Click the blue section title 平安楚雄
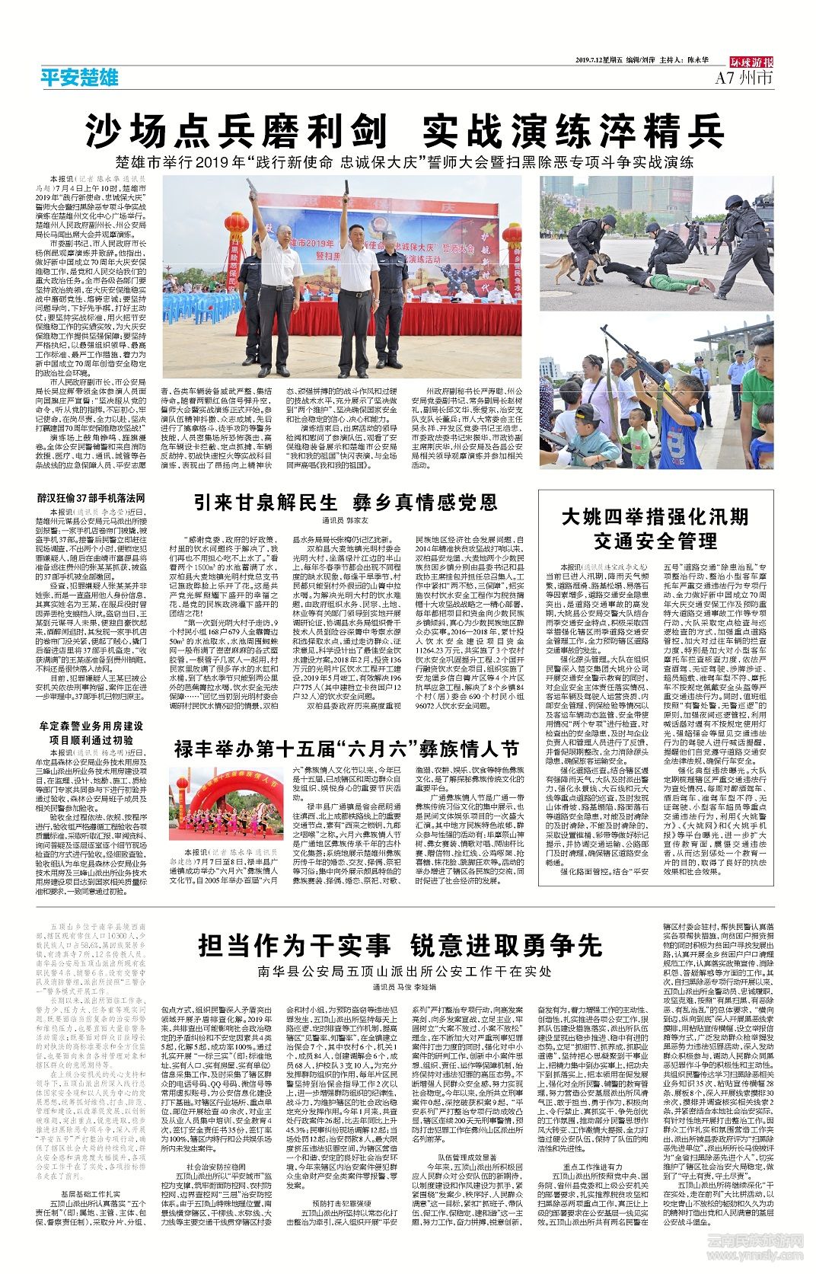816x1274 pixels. (x=79, y=77)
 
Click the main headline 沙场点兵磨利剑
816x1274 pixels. (x=236, y=130)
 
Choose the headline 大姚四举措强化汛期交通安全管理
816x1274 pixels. (x=655, y=528)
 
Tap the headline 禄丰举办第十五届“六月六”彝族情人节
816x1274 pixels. (x=346, y=748)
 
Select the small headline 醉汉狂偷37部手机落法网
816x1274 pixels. (x=91, y=497)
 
